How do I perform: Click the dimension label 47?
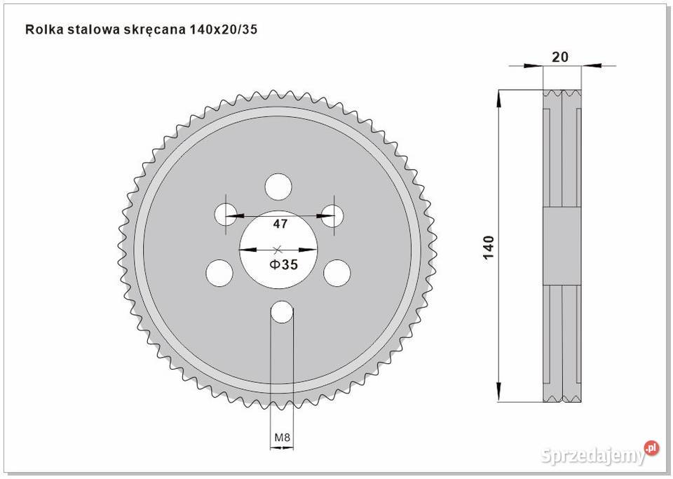[280, 224]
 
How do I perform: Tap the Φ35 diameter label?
[284, 264]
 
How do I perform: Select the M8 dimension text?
[282, 438]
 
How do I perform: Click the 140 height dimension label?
[489, 247]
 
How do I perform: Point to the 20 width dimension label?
[560, 58]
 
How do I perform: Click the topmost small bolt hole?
[279, 187]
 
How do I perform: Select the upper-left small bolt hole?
[226, 214]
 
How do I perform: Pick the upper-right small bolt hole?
[332, 214]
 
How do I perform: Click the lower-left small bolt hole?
[219, 271]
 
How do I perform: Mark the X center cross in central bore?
[278, 248]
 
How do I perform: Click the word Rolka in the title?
[41, 30]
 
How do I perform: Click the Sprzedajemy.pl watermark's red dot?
[651, 447]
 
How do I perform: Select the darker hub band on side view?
[562, 248]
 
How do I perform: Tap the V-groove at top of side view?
[562, 92]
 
